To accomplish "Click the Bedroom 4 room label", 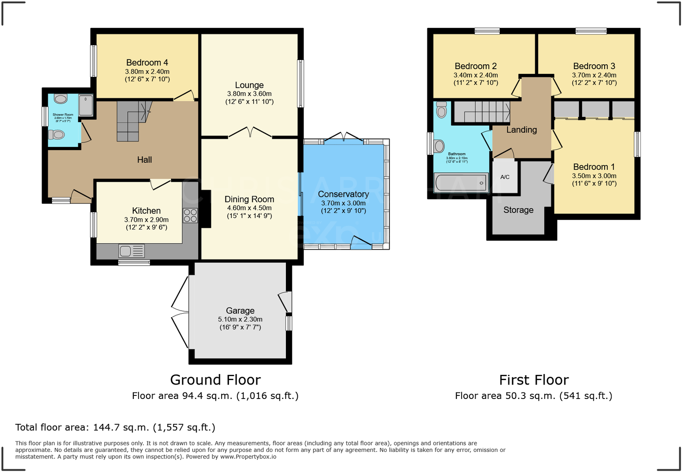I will point(147,63).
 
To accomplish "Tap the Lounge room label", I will point(249,85).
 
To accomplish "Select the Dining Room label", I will point(249,199).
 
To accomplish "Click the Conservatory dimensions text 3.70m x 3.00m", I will point(343,203).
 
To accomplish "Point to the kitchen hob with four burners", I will point(190,216).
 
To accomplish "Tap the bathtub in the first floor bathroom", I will point(461,182).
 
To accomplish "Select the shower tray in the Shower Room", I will point(86,105).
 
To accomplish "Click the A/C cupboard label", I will point(505,177).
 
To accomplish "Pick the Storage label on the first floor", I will point(518,210).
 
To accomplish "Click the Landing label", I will point(522,129).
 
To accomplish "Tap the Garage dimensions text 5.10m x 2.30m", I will point(240,319).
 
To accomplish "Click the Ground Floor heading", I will point(215,380).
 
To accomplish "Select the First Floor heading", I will point(534,380).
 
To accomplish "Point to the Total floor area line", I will point(115,427).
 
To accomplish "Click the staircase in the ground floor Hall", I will point(131,120).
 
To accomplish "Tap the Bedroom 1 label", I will point(594,167).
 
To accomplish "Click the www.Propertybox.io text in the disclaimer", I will point(248,457).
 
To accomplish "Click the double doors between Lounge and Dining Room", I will point(250,133).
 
